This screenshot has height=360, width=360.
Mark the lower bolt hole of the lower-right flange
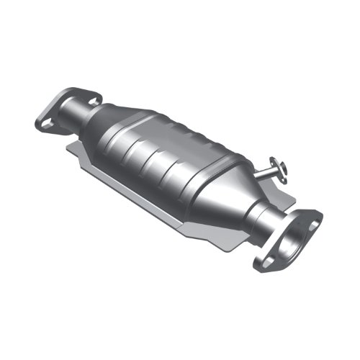tap(268, 261)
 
